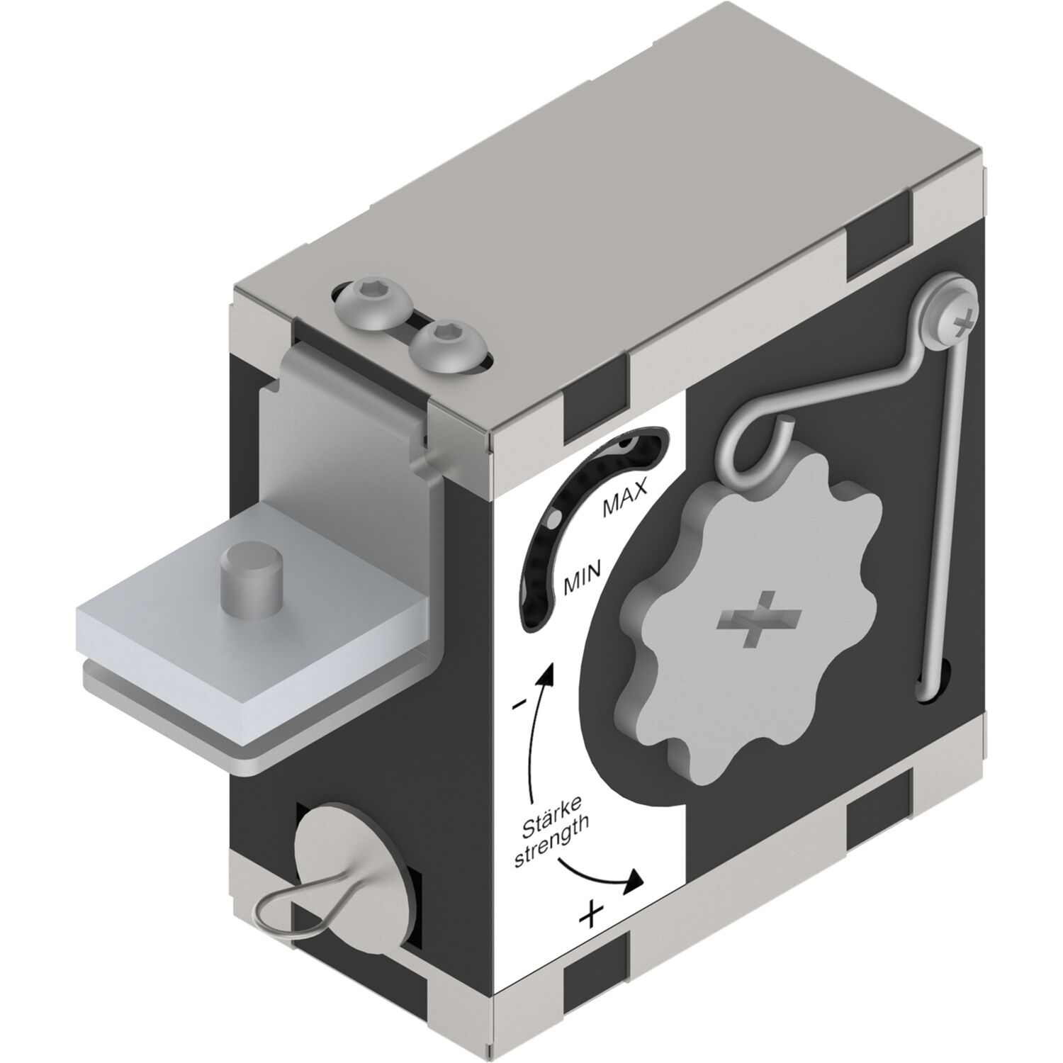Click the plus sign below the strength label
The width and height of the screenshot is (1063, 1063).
592,915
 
